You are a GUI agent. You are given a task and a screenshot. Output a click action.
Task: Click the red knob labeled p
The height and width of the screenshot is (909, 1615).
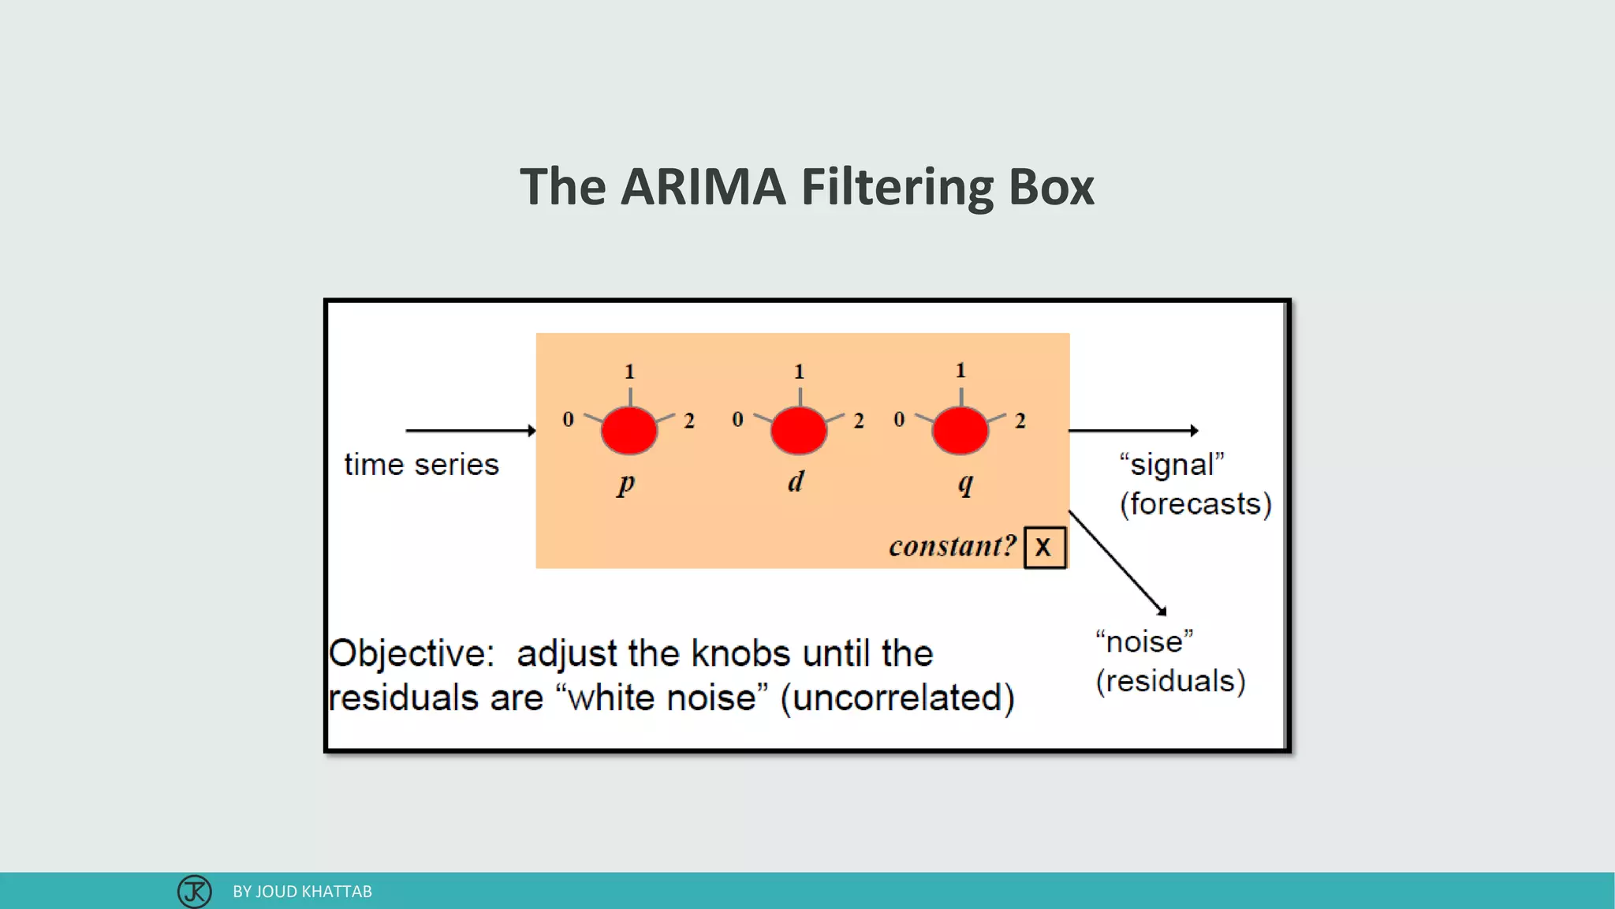coord(628,430)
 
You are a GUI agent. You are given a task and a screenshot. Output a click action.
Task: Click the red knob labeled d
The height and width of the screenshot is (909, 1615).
coord(798,430)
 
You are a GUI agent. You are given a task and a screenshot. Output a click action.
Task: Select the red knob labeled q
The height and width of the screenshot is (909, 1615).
coord(960,430)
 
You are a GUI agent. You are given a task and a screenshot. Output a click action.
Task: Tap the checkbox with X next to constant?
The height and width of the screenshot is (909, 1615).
coord(1044,547)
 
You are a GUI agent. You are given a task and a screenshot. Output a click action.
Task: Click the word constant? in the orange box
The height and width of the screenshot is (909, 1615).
coord(952,546)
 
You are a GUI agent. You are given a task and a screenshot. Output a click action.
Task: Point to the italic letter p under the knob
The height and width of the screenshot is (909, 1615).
coord(626,482)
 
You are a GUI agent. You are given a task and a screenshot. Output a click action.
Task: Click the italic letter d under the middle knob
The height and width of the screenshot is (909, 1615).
coord(796,481)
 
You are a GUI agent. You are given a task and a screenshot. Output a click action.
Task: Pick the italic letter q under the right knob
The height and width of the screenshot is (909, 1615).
coord(965,482)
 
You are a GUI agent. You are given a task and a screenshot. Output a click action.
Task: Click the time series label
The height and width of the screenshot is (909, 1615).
coord(421,464)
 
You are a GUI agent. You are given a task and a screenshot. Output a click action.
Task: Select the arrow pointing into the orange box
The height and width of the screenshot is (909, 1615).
coord(470,430)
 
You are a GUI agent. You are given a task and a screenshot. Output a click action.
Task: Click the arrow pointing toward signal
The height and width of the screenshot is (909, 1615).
coord(1132,430)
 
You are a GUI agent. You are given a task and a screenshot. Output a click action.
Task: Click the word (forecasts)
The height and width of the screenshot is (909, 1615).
coord(1195,503)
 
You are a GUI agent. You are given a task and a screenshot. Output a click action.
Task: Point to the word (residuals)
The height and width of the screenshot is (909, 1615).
coord(1170,680)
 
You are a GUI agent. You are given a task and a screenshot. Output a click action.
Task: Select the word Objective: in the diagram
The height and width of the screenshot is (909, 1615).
coord(411,653)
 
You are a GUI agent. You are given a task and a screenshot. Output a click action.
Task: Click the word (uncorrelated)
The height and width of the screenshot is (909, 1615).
coord(897,698)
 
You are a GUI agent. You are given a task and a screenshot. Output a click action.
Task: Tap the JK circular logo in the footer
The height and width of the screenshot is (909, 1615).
coord(194,892)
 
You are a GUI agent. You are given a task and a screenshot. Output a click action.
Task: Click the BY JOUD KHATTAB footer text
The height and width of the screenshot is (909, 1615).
coord(302,892)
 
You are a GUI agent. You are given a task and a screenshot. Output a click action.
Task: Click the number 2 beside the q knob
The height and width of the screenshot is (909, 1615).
coord(1020,421)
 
